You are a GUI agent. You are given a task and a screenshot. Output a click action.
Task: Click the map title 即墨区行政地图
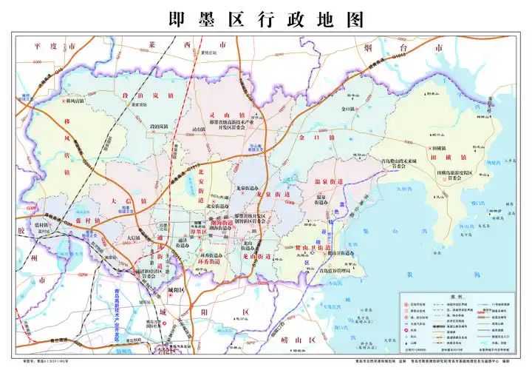tap(266, 18)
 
